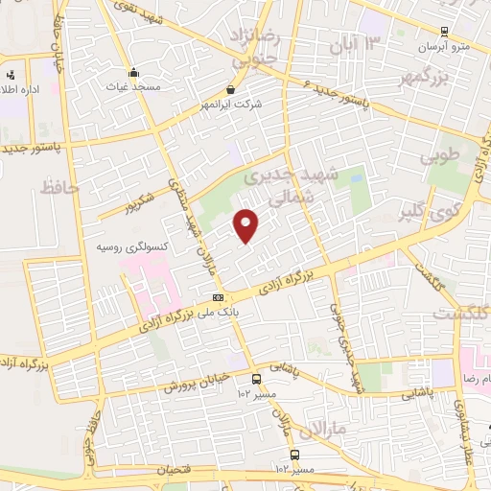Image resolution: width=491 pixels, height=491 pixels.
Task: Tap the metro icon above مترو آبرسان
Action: click(443, 30)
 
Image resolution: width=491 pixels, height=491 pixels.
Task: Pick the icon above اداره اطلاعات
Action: click(11, 75)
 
